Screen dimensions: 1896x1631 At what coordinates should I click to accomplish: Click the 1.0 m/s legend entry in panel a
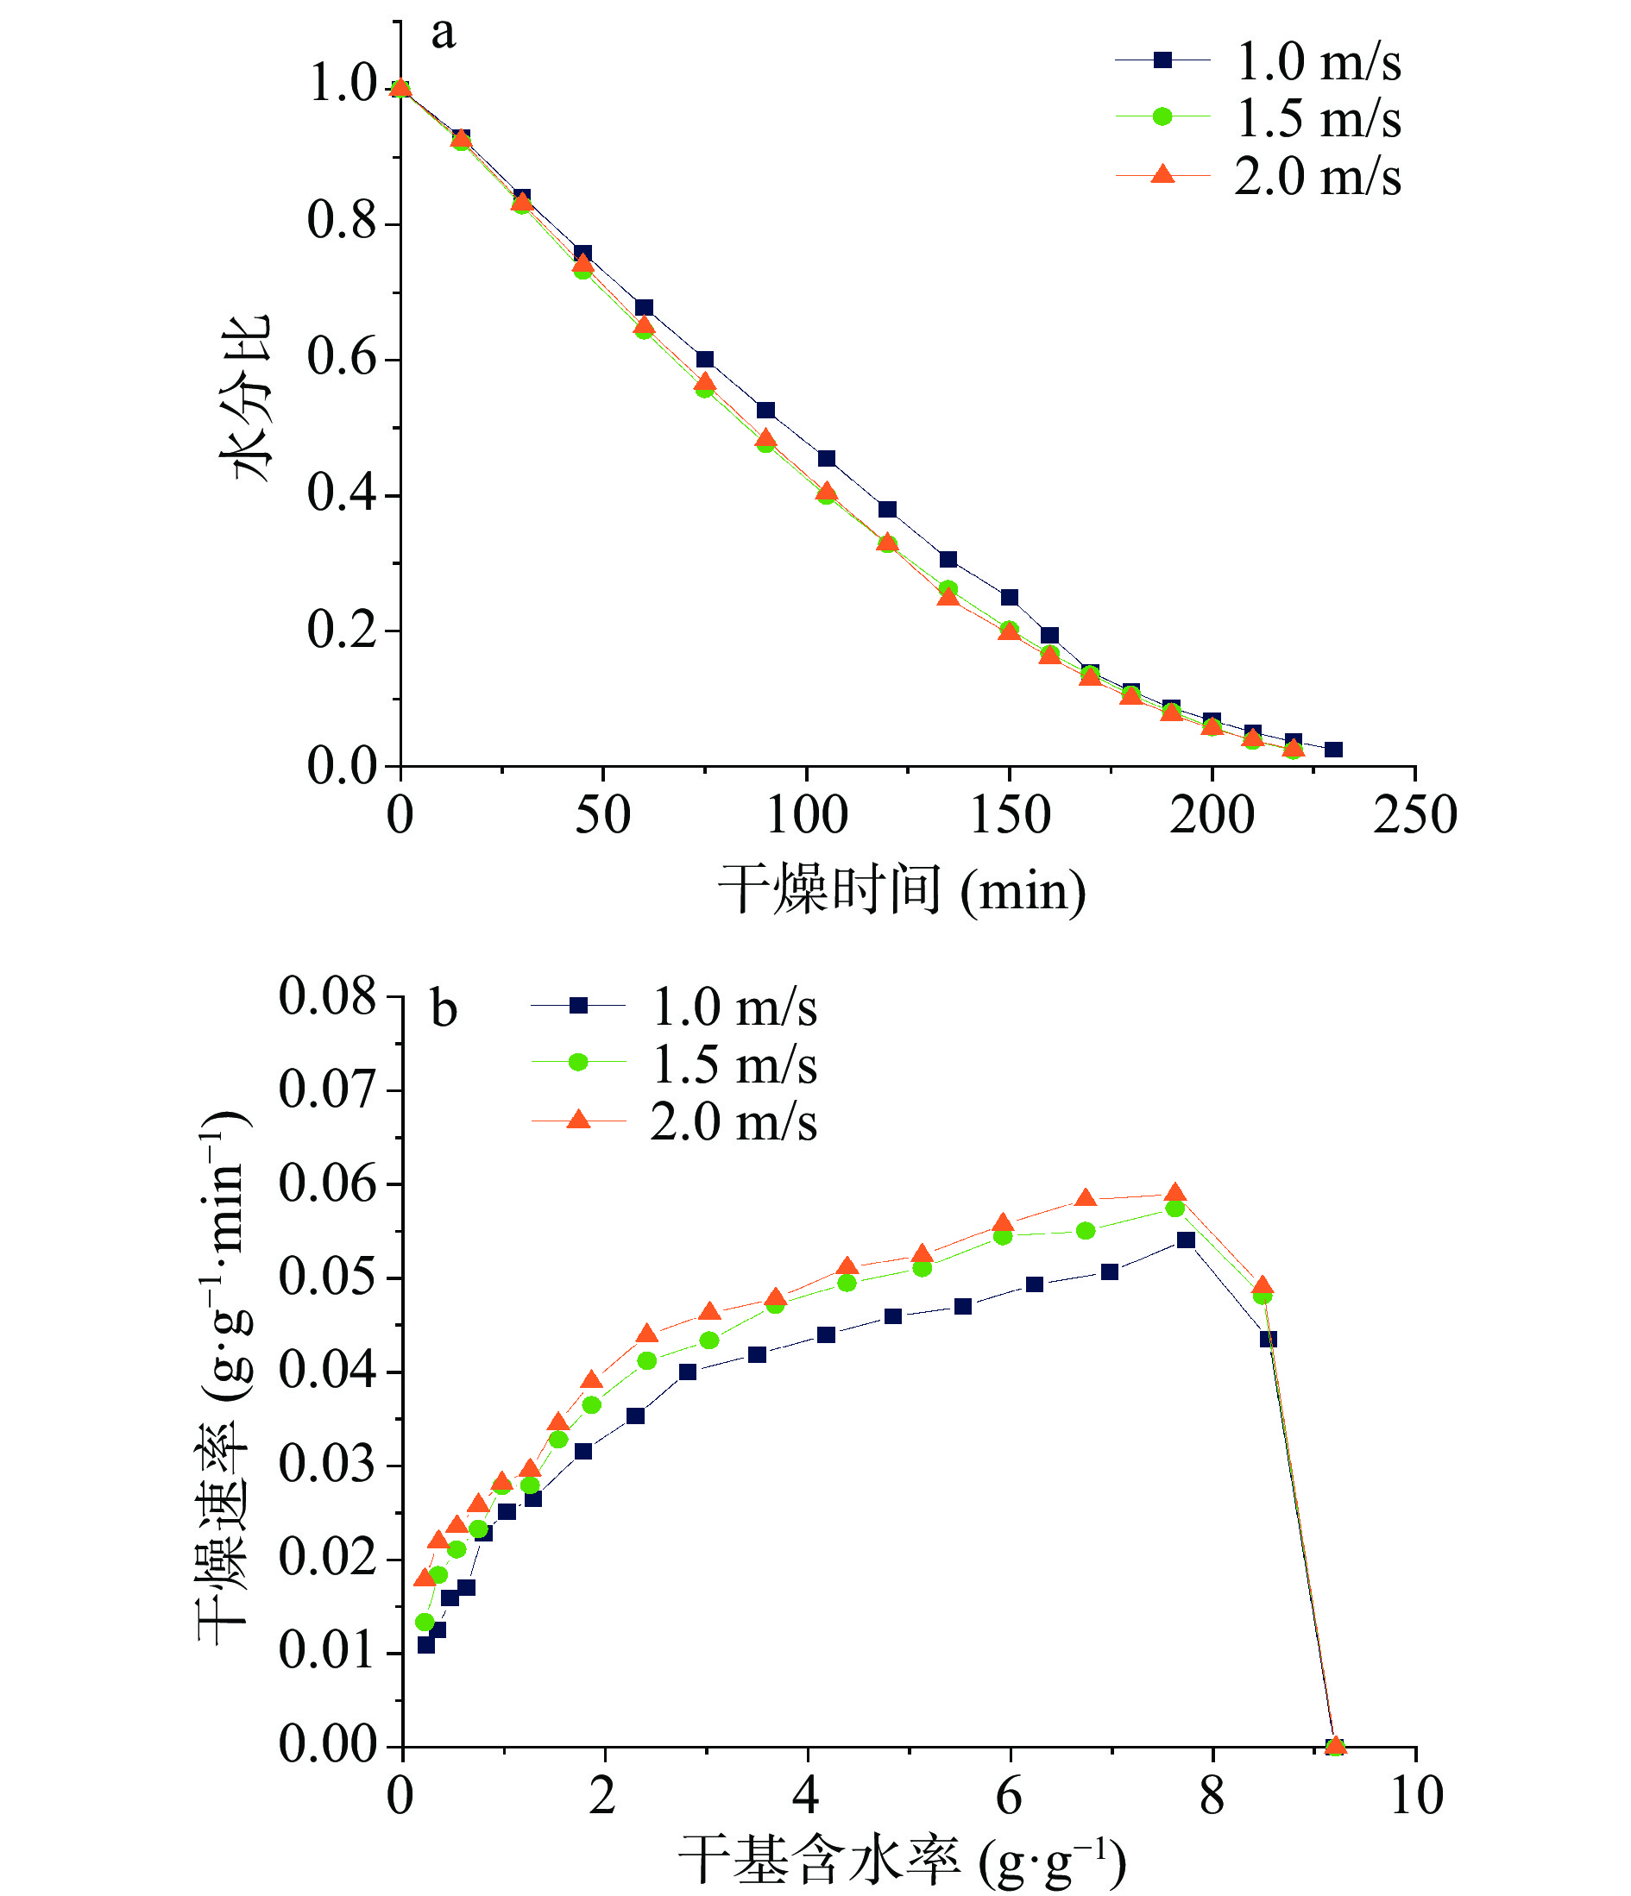pos(1258,61)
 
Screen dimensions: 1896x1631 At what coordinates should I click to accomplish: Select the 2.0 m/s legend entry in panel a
pos(1258,176)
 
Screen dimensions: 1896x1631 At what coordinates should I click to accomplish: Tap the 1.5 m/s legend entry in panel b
pos(675,1064)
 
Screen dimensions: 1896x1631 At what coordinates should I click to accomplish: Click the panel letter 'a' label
pos(443,33)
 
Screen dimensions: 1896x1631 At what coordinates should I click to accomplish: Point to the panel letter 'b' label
pos(444,1010)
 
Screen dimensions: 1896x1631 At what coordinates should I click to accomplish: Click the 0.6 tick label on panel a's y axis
pos(342,358)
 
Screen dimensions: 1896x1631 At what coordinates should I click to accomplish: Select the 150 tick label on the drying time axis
pos(1010,814)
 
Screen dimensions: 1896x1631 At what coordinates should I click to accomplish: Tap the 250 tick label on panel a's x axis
pos(1415,814)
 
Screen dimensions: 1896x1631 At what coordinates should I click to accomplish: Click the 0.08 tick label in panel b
pos(327,996)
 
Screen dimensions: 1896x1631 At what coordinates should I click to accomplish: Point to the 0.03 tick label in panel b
pos(327,1465)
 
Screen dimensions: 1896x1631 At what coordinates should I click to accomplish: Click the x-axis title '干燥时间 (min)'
pos(902,889)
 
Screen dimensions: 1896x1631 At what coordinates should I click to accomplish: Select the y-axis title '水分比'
pos(245,397)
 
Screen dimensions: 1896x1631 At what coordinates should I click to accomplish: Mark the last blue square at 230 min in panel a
pos(1333,750)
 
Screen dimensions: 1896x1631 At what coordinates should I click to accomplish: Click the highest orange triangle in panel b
pos(1176,1193)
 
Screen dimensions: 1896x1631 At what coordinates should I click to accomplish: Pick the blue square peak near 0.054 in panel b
pos(1187,1240)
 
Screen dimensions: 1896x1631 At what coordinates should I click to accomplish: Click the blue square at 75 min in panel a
pos(705,360)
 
